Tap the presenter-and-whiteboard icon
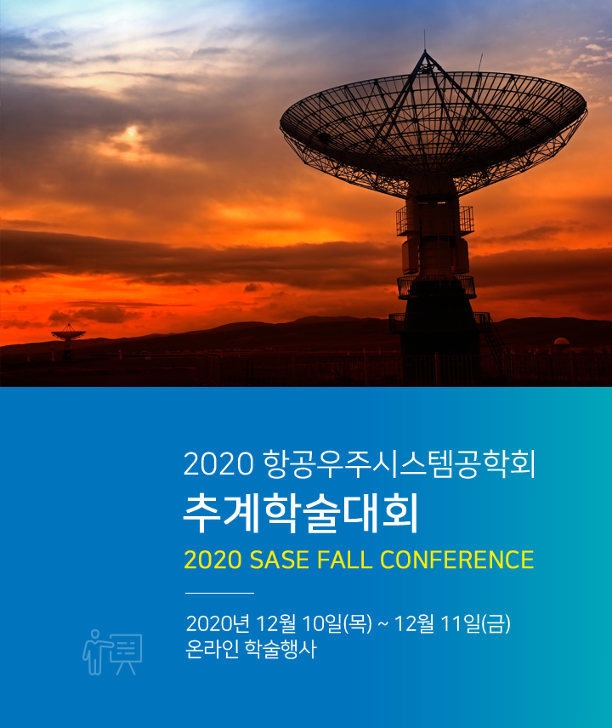112,652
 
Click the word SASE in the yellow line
280,560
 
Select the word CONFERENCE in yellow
457,560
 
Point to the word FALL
345,560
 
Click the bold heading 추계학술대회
301,514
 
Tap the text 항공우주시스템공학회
399,464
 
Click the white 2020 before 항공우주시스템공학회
218,464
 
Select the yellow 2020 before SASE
213,560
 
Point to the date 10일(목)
337,623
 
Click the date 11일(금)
475,623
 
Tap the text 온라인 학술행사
251,649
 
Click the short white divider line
219,593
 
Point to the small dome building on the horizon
561,341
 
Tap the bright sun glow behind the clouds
133,134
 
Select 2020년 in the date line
218,623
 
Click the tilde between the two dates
382,625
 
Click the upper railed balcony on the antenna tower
434,220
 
